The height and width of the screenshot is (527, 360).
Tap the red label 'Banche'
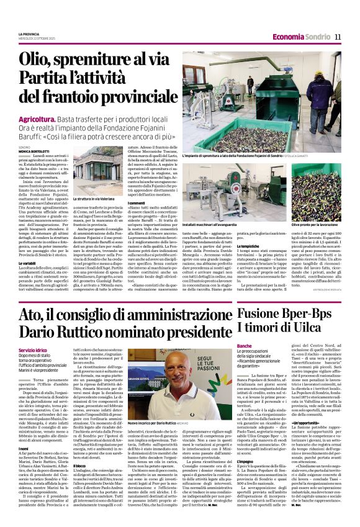(x=244, y=345)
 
